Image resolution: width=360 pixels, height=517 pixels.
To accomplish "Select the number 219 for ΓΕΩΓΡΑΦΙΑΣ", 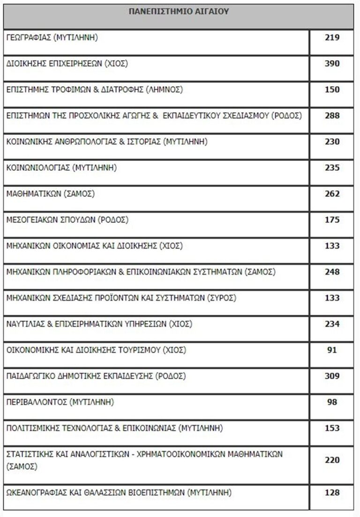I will click(332, 38).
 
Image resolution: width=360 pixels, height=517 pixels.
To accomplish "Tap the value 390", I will click(332, 64).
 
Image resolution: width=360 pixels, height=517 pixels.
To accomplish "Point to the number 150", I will click(332, 90).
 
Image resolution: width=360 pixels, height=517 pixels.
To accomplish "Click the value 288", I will click(332, 115).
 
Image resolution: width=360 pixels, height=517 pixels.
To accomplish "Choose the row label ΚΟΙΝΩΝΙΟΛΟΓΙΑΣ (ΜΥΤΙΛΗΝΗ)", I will click(61, 167).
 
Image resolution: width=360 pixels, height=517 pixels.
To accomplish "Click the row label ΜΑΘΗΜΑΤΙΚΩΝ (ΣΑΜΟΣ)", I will click(50, 194).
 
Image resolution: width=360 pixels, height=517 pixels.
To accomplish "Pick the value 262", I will click(332, 194).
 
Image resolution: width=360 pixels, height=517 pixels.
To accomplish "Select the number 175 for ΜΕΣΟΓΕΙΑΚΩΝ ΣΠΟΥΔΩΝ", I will click(332, 220).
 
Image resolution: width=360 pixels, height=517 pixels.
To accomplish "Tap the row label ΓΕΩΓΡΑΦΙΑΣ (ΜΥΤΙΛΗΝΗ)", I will click(52, 38).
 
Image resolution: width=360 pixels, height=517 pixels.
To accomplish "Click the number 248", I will click(332, 272).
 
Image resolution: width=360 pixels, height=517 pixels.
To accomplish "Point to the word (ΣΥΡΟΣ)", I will click(221, 298).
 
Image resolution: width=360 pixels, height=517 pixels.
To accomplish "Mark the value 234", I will click(332, 324).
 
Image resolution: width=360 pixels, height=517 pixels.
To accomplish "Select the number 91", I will click(332, 350).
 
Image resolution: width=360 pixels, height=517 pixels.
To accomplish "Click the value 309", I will click(332, 376).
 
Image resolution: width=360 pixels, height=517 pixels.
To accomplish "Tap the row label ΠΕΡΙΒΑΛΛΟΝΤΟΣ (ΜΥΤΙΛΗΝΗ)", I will click(60, 402).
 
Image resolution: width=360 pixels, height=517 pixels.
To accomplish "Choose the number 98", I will click(332, 402).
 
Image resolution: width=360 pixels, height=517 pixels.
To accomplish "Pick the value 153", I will click(332, 428).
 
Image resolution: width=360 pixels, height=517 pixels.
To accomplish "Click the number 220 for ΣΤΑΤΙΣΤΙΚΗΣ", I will click(332, 460).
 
